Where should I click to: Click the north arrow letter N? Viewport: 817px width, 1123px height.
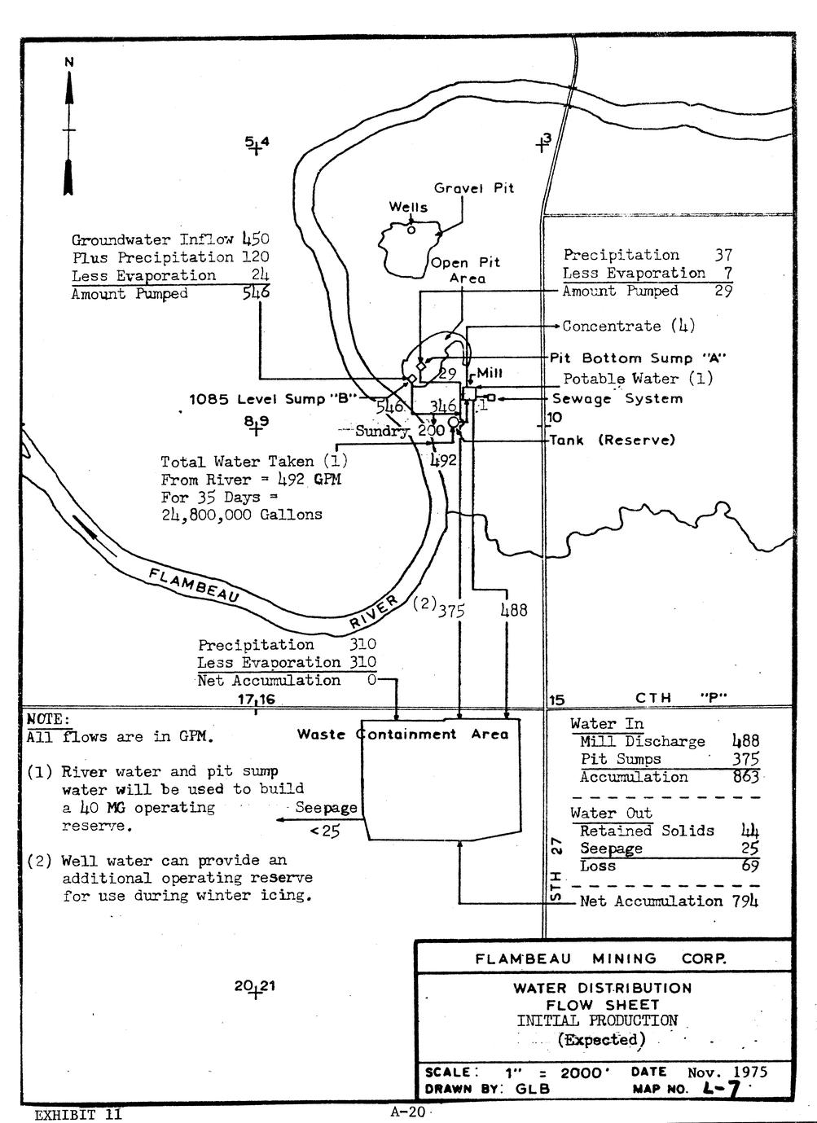coord(69,62)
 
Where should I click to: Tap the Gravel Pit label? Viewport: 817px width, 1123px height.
coord(474,188)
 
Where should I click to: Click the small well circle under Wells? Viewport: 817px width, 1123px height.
coord(411,230)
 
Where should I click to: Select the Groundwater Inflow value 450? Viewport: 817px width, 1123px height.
coord(256,239)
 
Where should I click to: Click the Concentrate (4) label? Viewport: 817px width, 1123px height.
coord(629,326)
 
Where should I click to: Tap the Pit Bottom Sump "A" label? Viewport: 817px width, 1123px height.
coord(638,358)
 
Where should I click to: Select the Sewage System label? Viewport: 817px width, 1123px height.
coord(617,398)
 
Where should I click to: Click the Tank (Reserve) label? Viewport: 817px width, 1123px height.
coord(613,441)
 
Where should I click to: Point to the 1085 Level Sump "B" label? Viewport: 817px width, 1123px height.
coord(273,399)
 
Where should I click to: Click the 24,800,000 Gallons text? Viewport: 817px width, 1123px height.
coord(242,515)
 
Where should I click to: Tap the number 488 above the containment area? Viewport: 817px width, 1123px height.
coord(514,610)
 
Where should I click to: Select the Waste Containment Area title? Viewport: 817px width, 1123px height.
coord(402,734)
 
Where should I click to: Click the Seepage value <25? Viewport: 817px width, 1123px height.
coord(325,831)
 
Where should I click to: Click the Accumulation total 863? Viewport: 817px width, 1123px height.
coord(746,777)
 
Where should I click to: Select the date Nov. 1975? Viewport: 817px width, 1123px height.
coord(727,1072)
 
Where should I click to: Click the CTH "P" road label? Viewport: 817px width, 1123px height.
coord(681,698)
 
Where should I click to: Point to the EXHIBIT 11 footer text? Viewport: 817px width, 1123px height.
coord(77,1114)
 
